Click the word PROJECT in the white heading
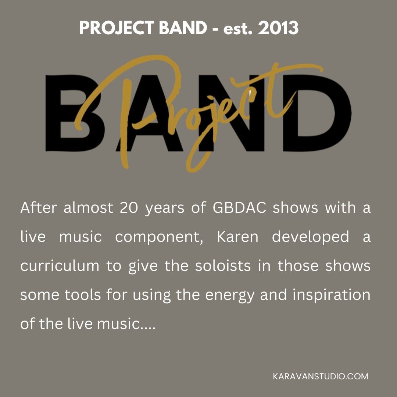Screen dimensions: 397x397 point(117,28)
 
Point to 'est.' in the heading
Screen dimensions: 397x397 point(238,29)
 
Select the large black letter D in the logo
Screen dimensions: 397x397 point(317,113)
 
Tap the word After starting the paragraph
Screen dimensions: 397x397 point(39,208)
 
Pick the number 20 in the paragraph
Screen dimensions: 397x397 point(129,208)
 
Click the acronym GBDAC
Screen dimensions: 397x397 point(240,208)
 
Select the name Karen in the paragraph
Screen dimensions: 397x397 point(237,237)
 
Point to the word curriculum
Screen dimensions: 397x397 point(60,266)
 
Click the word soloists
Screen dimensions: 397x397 point(223,266)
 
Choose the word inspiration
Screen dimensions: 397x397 point(332,295)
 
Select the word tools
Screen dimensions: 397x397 point(83,295)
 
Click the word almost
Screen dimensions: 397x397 point(88,208)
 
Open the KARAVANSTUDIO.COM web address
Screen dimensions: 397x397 point(321,376)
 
